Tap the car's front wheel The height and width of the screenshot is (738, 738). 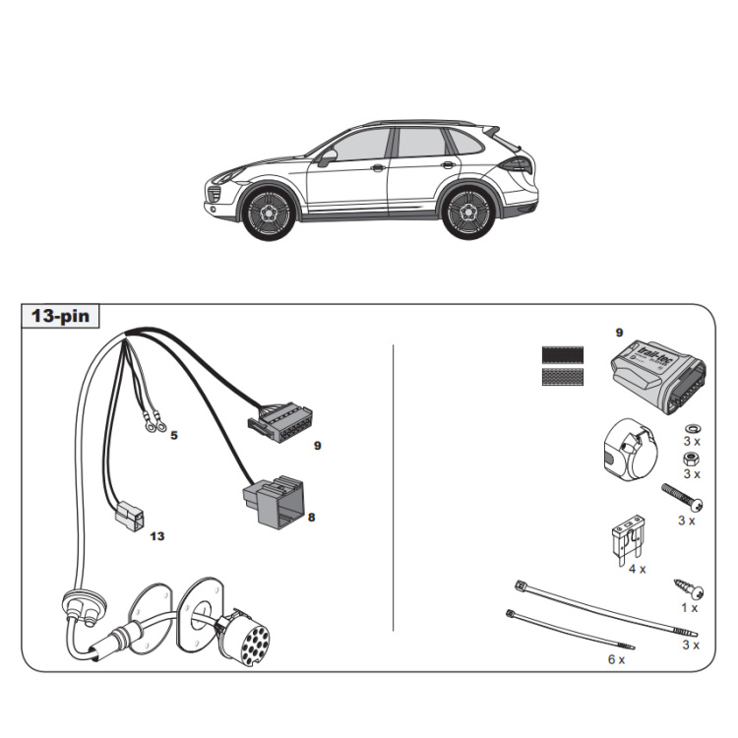tap(267, 211)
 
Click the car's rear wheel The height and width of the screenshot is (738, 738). tap(468, 210)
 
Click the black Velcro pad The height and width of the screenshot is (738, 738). tap(563, 356)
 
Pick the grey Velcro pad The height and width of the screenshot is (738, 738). tap(563, 377)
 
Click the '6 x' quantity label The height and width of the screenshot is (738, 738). tap(616, 659)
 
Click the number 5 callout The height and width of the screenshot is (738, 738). tap(173, 434)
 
